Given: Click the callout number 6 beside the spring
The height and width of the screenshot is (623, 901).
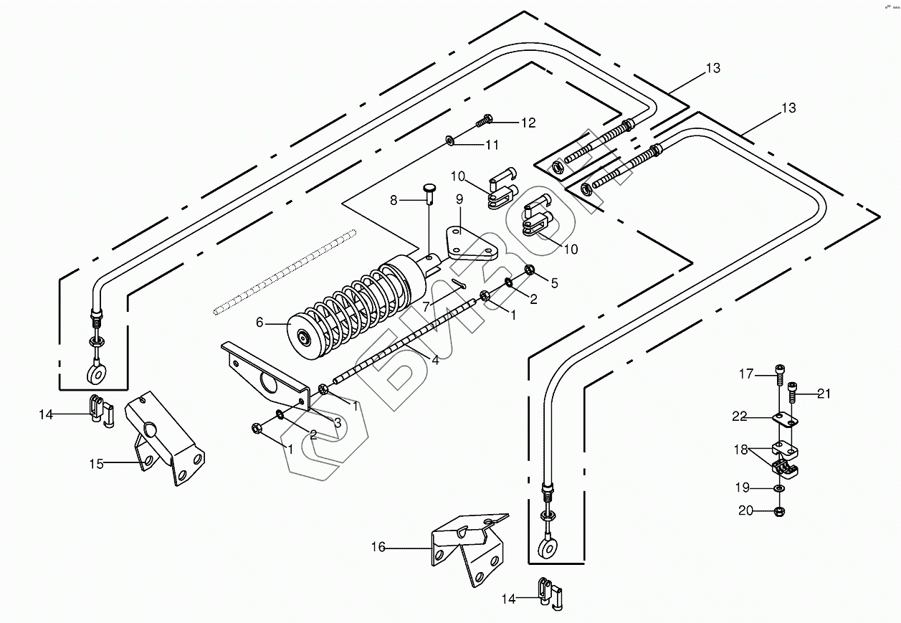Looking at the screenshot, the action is [259, 323].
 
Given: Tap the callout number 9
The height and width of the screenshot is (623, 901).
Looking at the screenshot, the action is [459, 199].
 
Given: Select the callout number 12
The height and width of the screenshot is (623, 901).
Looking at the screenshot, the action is [528, 123].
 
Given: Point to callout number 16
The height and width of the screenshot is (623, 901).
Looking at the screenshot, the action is [378, 547].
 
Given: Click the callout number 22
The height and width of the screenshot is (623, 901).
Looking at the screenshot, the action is [739, 417].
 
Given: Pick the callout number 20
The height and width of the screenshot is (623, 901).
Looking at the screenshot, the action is [745, 510].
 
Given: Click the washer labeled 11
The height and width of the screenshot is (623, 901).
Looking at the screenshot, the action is [449, 141].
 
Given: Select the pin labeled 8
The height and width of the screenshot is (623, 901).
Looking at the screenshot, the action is [429, 195].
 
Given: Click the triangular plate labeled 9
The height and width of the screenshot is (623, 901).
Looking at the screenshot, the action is [472, 243].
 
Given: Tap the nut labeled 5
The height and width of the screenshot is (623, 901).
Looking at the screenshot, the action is [529, 270].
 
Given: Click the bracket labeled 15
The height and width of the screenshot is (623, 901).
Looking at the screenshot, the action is [165, 438].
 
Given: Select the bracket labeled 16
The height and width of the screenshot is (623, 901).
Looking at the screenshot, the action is [469, 549].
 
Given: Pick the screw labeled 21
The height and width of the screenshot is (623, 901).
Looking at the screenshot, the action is [791, 392].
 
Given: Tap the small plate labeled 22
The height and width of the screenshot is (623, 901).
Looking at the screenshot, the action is [785, 420].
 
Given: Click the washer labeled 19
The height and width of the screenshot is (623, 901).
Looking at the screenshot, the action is [779, 488].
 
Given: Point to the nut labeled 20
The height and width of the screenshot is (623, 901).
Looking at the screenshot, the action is [779, 512].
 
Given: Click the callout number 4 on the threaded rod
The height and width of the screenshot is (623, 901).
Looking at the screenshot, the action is [435, 360].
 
